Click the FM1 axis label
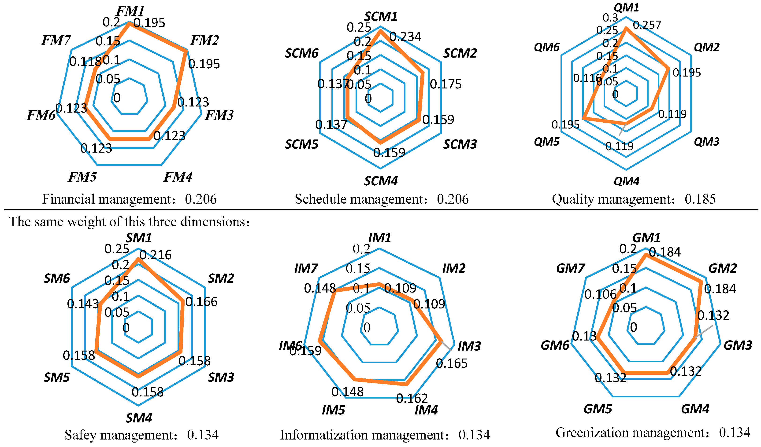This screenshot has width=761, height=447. pyautogui.click(x=130, y=11)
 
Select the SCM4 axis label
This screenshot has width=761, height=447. pyautogui.click(x=381, y=181)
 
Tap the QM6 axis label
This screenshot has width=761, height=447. pyautogui.click(x=547, y=47)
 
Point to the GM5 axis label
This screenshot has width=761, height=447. pyautogui.click(x=598, y=409)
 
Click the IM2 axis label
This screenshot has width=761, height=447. pyautogui.click(x=454, y=268)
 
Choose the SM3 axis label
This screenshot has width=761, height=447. pyautogui.click(x=221, y=377)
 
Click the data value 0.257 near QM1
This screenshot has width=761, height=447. pyautogui.click(x=647, y=25)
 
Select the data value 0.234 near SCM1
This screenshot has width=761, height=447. pyautogui.click(x=405, y=37)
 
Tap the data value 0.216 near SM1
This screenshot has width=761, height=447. pyautogui.click(x=156, y=255)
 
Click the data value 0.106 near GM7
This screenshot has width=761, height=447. pyautogui.click(x=600, y=294)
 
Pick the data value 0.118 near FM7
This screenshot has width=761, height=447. pyautogui.click(x=85, y=62)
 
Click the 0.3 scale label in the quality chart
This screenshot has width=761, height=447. pyautogui.click(x=610, y=18)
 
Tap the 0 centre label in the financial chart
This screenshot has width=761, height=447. pyautogui.click(x=117, y=98)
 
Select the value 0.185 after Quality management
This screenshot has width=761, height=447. pyautogui.click(x=700, y=199)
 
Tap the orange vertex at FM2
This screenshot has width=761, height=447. pyautogui.click(x=186, y=51)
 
